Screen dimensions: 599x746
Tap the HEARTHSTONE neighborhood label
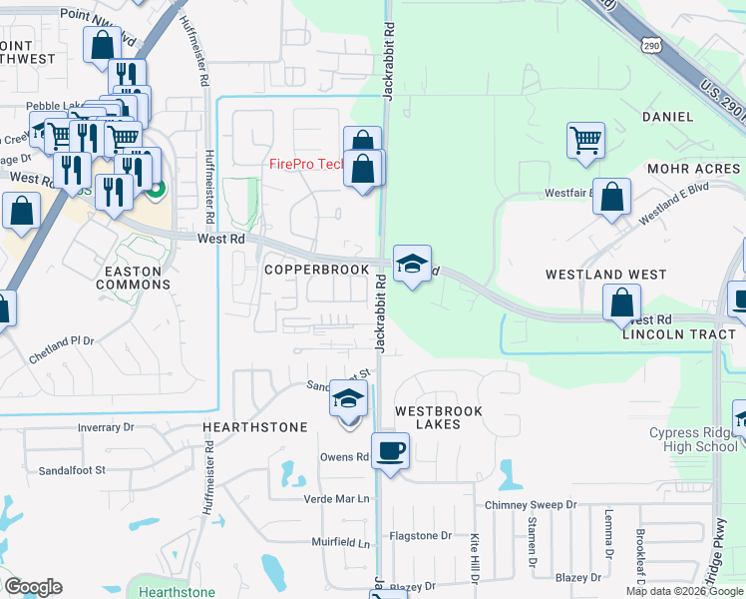[255, 427]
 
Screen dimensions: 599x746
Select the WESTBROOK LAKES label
[439, 417]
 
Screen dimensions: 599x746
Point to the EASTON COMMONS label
[133, 277]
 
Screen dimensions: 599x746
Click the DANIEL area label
[667, 117]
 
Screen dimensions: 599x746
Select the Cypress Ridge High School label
[690, 439]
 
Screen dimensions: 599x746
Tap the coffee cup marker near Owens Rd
[390, 450]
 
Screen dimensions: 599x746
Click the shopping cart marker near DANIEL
[585, 139]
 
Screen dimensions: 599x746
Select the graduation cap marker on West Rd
[412, 264]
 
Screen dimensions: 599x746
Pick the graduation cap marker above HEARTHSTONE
[348, 398]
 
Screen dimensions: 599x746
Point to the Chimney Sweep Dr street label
[532, 505]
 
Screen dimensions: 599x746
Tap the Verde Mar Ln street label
[337, 498]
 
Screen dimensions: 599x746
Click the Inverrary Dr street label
[106, 427]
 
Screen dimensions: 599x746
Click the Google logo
[33, 587]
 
